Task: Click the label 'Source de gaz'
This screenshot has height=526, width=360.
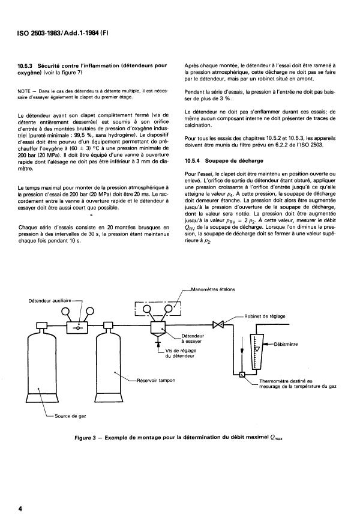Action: [x=70, y=416]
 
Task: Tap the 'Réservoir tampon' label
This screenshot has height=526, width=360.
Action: [x=156, y=381]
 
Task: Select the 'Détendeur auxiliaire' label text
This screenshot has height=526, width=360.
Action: [x=50, y=301]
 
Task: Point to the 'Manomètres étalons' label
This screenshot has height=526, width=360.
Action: [x=213, y=289]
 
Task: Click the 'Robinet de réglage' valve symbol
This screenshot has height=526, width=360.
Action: [x=218, y=324]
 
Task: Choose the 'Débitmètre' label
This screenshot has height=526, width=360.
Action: [x=286, y=344]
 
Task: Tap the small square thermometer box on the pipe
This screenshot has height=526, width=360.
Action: [x=241, y=375]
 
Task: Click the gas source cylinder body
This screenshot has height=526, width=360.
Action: [x=41, y=364]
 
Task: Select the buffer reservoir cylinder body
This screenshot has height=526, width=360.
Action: [x=108, y=364]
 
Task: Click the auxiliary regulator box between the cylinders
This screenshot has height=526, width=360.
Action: [x=77, y=327]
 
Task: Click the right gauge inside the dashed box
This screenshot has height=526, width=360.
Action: [x=169, y=308]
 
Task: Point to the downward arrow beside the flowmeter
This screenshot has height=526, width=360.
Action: [x=242, y=349]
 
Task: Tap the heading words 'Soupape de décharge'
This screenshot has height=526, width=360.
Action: [x=234, y=161]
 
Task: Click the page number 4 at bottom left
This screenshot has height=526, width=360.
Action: [x=20, y=509]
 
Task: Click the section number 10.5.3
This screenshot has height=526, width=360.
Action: [x=25, y=66]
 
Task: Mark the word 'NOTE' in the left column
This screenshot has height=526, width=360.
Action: [x=23, y=91]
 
